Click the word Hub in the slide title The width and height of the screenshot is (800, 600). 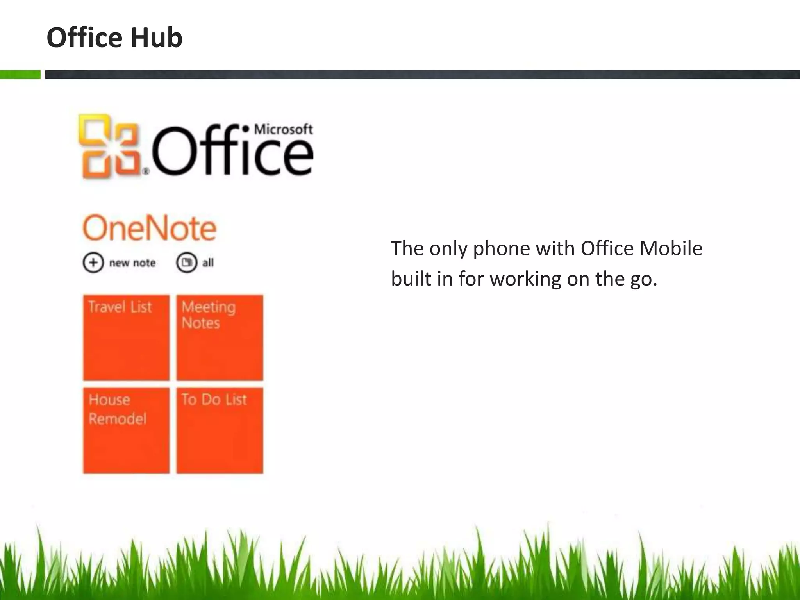coord(156,38)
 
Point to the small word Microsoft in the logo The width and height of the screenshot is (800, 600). coord(283,129)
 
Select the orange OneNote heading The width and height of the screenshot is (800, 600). coord(149,228)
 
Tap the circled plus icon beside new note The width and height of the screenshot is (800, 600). coord(93,262)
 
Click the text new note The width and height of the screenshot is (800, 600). coord(132,263)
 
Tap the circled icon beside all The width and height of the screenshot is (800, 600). coord(186,262)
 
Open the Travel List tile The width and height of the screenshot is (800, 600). coord(126,337)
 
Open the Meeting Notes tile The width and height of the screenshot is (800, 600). coord(220,337)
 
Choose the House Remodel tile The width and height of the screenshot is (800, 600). coord(126,430)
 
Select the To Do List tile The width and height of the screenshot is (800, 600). coord(220,430)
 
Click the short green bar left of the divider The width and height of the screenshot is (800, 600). coord(20,74)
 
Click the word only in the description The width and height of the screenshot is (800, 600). coord(448,248)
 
